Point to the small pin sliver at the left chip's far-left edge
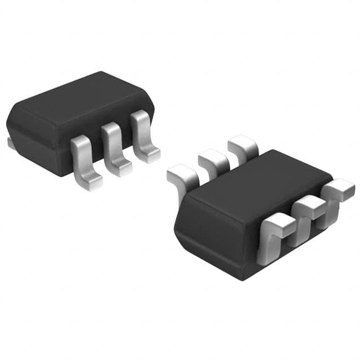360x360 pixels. click(11, 144)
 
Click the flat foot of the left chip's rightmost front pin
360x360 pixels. click(150, 155)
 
